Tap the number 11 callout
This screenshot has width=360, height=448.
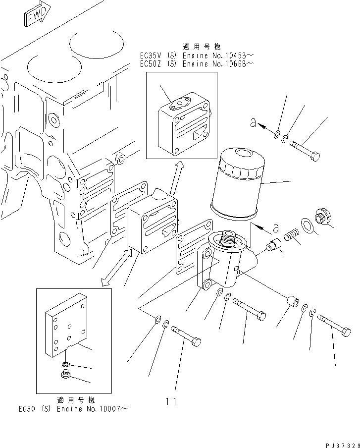pos(171,401)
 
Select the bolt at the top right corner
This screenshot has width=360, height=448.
pos(305,151)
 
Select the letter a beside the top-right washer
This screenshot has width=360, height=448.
pos(254,124)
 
